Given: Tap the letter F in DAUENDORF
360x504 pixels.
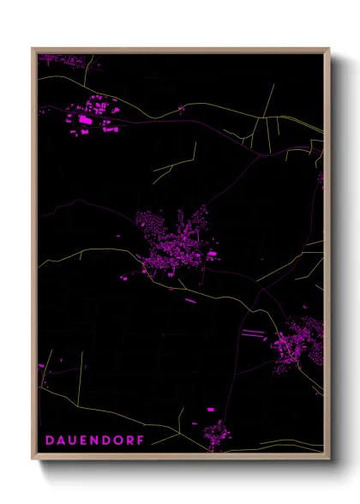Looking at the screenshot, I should coord(141,440).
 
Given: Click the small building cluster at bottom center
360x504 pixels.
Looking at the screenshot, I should coord(213,433).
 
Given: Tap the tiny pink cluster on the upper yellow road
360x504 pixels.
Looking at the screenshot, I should coord(181,108).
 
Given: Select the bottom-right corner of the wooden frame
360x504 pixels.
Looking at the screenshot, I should coord(328,459).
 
